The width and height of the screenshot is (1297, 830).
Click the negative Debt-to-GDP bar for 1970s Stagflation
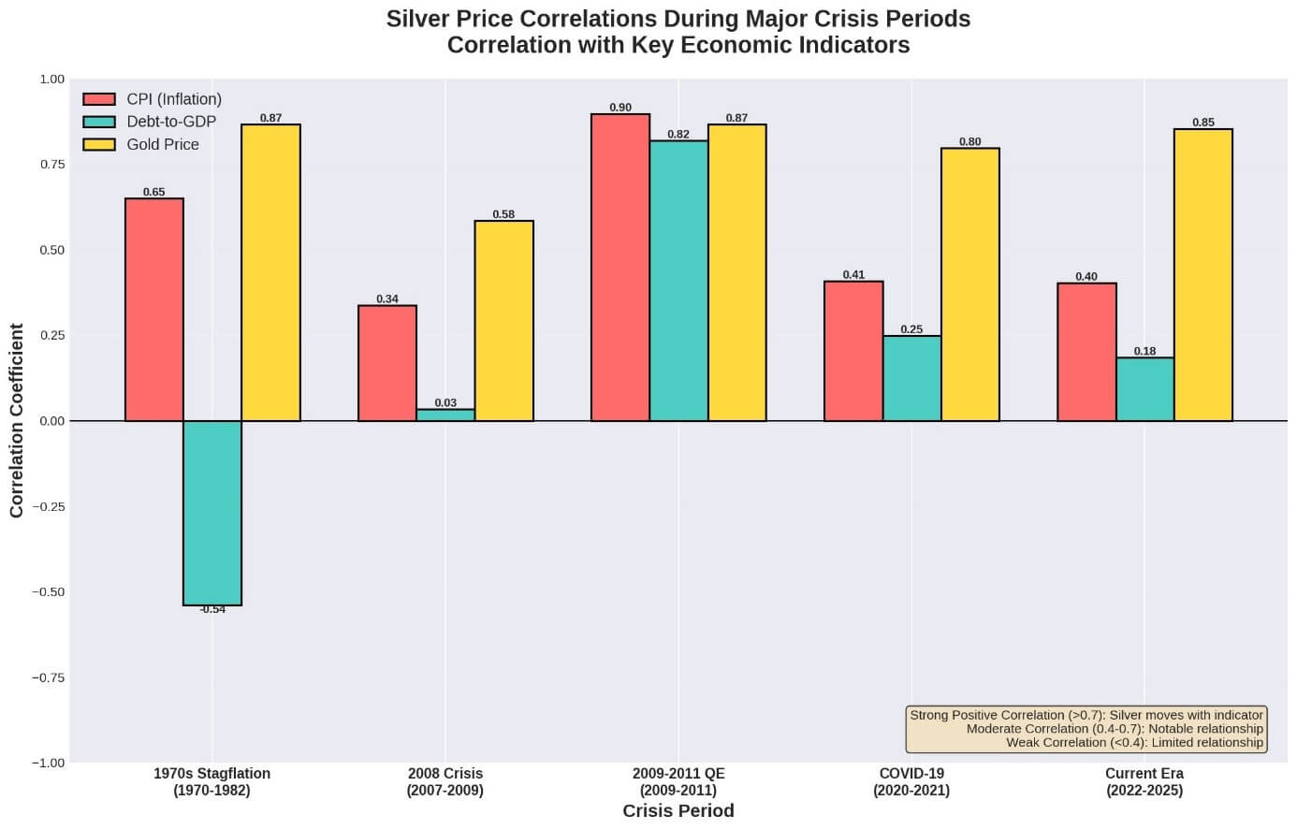point(212,513)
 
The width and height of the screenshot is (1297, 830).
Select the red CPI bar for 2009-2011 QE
point(620,268)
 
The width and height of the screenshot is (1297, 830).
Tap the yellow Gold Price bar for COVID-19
point(970,284)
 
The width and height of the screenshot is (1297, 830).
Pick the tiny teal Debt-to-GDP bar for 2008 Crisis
point(445,415)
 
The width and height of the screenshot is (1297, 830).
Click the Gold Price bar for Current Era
point(1203,275)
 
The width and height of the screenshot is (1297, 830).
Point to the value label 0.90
point(620,108)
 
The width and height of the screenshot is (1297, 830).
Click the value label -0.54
point(212,610)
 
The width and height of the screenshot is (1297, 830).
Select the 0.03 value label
point(445,403)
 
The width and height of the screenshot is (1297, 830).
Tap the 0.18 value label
point(1144,352)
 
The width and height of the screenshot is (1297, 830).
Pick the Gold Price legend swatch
point(99,144)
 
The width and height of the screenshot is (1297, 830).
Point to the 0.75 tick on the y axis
point(51,165)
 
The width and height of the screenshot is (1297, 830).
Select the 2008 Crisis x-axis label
point(445,782)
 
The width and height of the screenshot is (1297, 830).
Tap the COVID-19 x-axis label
point(911,782)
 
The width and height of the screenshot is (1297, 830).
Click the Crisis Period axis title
point(678,811)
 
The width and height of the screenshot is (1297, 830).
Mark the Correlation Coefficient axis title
point(17,420)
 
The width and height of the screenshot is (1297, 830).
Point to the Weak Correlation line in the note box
point(1134,743)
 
